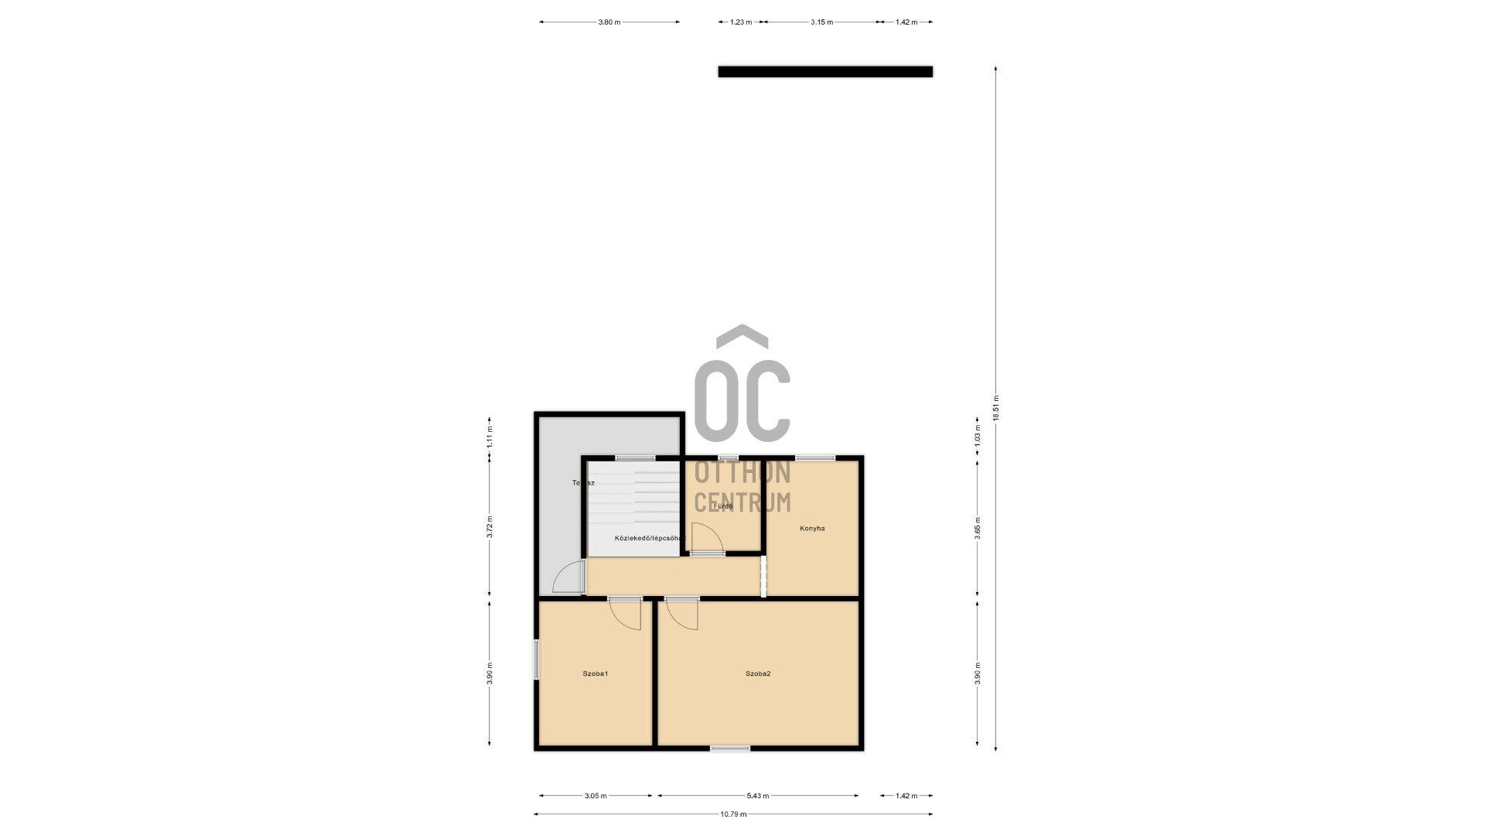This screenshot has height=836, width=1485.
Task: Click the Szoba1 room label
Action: point(595,673)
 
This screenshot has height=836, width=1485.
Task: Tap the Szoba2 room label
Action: point(758,673)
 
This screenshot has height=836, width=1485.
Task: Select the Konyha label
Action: point(812,529)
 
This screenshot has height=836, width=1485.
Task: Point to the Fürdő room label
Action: point(723,506)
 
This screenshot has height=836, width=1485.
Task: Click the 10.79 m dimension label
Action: point(733,814)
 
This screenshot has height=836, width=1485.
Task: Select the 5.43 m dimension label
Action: point(758,796)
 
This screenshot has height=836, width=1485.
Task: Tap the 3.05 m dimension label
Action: point(596,796)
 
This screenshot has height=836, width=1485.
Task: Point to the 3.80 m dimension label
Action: point(609,22)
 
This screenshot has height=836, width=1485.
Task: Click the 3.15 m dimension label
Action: point(821,22)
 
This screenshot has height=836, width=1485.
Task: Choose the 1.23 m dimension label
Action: point(741,22)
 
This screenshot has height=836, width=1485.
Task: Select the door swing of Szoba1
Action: point(627,614)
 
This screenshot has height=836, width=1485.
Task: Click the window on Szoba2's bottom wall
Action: point(730,748)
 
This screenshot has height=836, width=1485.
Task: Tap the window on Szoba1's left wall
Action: point(536,660)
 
